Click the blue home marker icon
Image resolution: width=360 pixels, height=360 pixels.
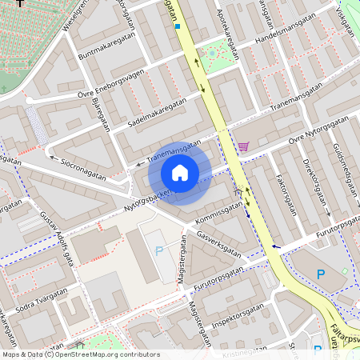point(180,173)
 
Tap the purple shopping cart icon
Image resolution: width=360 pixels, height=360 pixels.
point(244,146)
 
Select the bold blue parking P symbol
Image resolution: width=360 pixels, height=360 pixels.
point(321,274)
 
